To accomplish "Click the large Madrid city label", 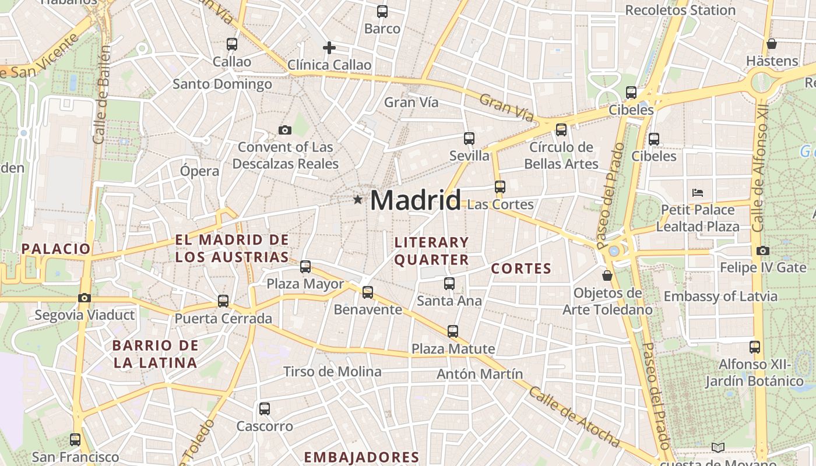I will click(415, 200).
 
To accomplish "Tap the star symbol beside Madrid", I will click(357, 200).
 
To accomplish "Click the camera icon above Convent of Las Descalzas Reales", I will click(285, 130).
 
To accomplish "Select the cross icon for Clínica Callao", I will click(329, 48).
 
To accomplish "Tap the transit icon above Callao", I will click(232, 44).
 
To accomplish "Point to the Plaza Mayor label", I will click(305, 284).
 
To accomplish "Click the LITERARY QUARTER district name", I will click(431, 251).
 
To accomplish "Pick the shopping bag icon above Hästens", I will click(772, 44).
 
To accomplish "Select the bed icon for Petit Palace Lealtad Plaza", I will click(698, 192).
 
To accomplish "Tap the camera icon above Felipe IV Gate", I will click(763, 251).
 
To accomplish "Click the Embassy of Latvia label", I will click(720, 296).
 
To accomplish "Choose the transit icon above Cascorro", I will click(265, 409).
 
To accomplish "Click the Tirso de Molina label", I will click(332, 372).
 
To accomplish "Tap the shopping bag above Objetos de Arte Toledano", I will click(607, 275).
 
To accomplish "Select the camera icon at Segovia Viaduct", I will click(85, 298).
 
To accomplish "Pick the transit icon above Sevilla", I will click(469, 139).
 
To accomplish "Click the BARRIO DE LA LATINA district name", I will click(155, 354).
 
